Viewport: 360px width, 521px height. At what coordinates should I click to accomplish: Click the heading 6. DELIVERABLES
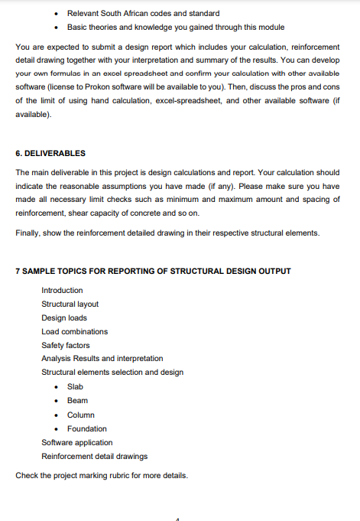tap(50, 153)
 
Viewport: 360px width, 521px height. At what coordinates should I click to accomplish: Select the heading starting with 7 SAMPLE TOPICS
tap(153, 272)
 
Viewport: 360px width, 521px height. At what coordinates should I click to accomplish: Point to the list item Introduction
tap(62, 291)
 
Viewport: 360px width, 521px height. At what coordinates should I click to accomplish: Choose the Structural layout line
tap(70, 304)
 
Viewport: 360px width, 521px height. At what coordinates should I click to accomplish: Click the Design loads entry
tap(64, 318)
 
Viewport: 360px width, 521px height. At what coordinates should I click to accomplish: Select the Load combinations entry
tap(74, 332)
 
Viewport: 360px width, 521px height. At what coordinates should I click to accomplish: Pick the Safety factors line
tap(65, 346)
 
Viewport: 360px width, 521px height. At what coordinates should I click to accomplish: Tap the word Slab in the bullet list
tap(75, 387)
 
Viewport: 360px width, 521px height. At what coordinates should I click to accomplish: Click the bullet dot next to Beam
tap(57, 401)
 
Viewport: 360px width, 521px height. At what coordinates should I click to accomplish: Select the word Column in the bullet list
tap(81, 415)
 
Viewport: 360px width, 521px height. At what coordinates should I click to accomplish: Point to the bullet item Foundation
tap(86, 428)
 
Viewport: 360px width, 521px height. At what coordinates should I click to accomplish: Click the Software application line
tap(76, 442)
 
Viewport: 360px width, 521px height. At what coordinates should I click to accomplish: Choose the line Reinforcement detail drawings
tap(95, 456)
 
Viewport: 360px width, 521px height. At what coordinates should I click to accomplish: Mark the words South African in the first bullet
tap(126, 13)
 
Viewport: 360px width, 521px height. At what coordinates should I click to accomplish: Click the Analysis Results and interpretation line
tap(102, 360)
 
